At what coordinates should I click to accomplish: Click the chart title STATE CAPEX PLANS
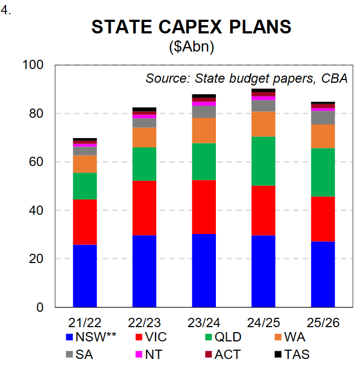(x=191, y=28)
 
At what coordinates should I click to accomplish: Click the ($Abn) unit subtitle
(x=191, y=47)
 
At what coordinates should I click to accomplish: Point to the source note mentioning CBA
(x=247, y=78)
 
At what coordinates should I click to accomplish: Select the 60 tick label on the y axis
(x=37, y=162)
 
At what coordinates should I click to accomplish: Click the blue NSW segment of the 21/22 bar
(x=85, y=276)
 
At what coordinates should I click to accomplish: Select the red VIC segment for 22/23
(x=144, y=208)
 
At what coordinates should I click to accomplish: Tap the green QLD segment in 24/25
(x=263, y=161)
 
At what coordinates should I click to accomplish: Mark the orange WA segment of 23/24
(x=204, y=130)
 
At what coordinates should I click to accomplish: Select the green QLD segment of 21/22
(x=85, y=186)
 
